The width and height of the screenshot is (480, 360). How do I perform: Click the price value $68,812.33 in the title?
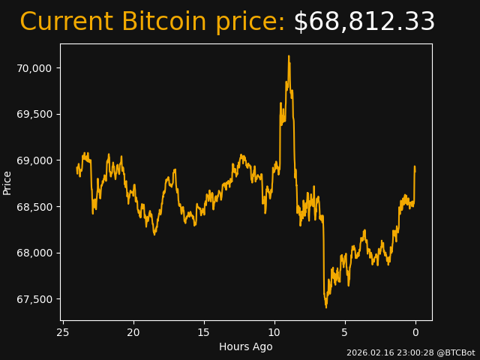pos(364,22)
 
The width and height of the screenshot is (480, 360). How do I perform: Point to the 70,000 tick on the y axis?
pos(34,68)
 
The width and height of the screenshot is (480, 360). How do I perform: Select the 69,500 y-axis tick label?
pos(34,114)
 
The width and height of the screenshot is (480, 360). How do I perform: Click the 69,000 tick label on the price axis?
pos(34,160)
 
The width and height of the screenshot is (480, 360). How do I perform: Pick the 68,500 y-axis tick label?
pos(34,207)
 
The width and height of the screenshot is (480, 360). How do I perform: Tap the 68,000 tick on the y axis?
pos(34,253)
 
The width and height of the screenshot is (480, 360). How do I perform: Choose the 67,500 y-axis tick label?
pos(34,299)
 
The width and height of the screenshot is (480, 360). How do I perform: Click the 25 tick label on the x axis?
pos(63,333)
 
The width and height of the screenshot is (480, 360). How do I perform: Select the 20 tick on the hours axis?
pos(133,333)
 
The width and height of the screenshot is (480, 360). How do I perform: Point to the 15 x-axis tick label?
pos(204,333)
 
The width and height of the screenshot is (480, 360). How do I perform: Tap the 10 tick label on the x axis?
pos(274,333)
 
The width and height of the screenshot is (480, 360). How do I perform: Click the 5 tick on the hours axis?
pos(345,333)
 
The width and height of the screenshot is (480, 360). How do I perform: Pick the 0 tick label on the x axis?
pos(415,333)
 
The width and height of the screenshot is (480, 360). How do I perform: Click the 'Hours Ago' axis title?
pos(245,346)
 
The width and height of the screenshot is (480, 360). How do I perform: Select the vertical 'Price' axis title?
pos(7,182)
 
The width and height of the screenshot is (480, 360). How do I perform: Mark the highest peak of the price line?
pos(288,55)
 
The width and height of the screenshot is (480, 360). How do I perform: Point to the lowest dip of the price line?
pos(326,307)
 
